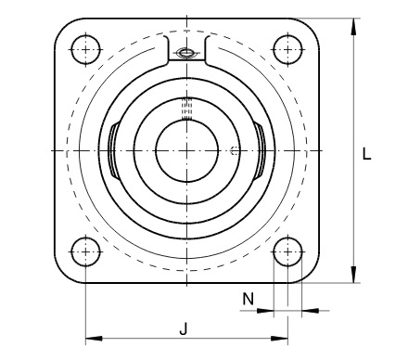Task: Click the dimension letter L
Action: (x=366, y=154)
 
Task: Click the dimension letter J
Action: (x=184, y=328)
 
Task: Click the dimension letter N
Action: (x=248, y=299)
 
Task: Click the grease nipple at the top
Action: (x=186, y=53)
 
